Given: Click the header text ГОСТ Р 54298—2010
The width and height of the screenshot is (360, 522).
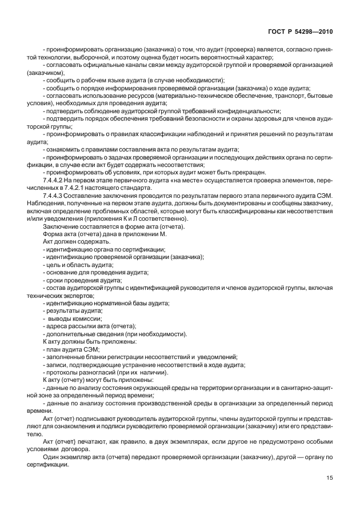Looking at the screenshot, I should (308, 30).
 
